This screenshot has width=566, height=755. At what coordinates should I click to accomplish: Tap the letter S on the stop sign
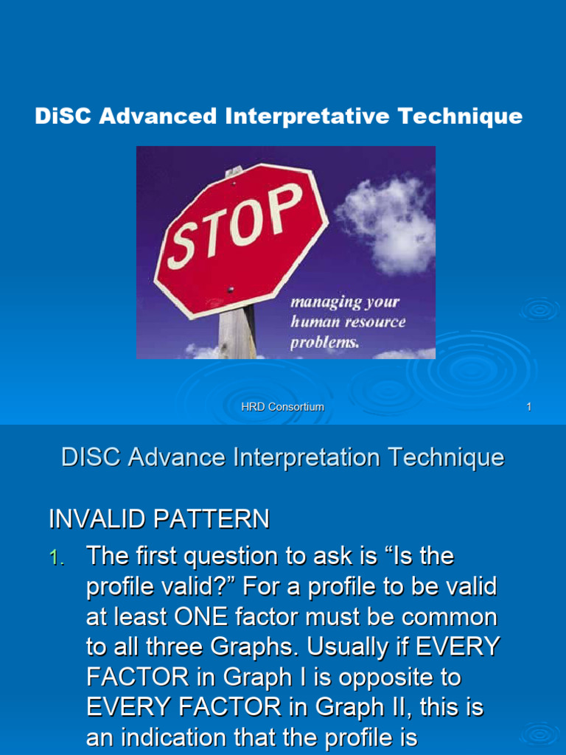coord(184,243)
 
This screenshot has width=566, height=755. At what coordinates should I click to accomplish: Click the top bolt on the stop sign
coord(234,173)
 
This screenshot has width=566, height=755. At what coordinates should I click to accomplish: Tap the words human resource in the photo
coord(347,322)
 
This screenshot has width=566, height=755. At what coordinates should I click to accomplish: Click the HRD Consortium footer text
coord(283,407)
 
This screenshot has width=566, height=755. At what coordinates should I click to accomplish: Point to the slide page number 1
coord(528,407)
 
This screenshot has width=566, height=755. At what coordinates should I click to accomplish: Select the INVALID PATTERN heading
coord(158,520)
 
